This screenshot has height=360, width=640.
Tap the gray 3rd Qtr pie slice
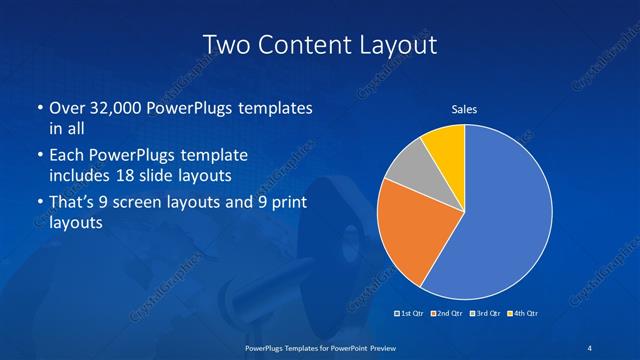pyautogui.click(x=406, y=169)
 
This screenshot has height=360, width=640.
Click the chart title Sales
pyautogui.click(x=465, y=109)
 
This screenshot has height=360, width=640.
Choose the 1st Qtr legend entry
pyautogui.click(x=411, y=314)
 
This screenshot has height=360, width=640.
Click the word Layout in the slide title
pyautogui.click(x=395, y=45)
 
